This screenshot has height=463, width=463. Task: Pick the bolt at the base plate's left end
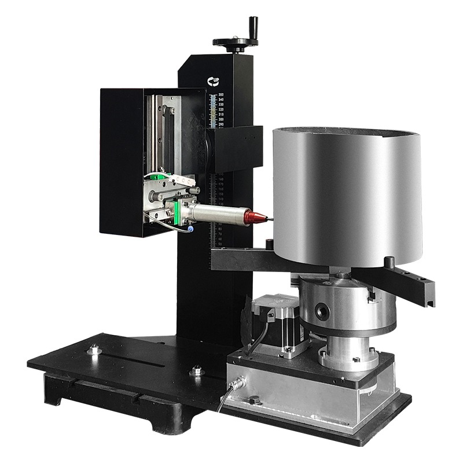(x=93, y=350)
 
